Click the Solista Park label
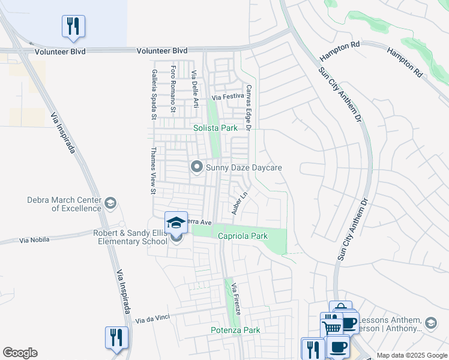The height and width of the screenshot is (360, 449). click(215, 128)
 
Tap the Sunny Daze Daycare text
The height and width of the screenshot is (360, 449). click(244, 167)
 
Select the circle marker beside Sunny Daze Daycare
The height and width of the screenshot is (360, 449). click(196, 167)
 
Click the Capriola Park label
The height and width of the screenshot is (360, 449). click(243, 236)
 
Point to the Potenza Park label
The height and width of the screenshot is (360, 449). click(235, 330)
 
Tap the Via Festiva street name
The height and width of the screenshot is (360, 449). click(228, 96)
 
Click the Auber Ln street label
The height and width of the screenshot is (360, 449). click(240, 203)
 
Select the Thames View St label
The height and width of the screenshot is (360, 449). click(153, 171)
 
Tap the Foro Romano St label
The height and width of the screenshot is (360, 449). click(173, 89)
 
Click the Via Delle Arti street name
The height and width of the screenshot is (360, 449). click(194, 89)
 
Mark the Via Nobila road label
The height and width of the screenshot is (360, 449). click(33, 240)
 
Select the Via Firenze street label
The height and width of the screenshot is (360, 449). click(237, 299)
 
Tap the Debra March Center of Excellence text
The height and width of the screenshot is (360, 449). click(64, 204)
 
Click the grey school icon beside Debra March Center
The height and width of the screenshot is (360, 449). click(110, 203)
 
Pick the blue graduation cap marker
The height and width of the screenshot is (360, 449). click(176, 223)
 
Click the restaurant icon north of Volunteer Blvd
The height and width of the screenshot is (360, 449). click(73, 26)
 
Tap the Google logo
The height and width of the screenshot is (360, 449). click(20, 353)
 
